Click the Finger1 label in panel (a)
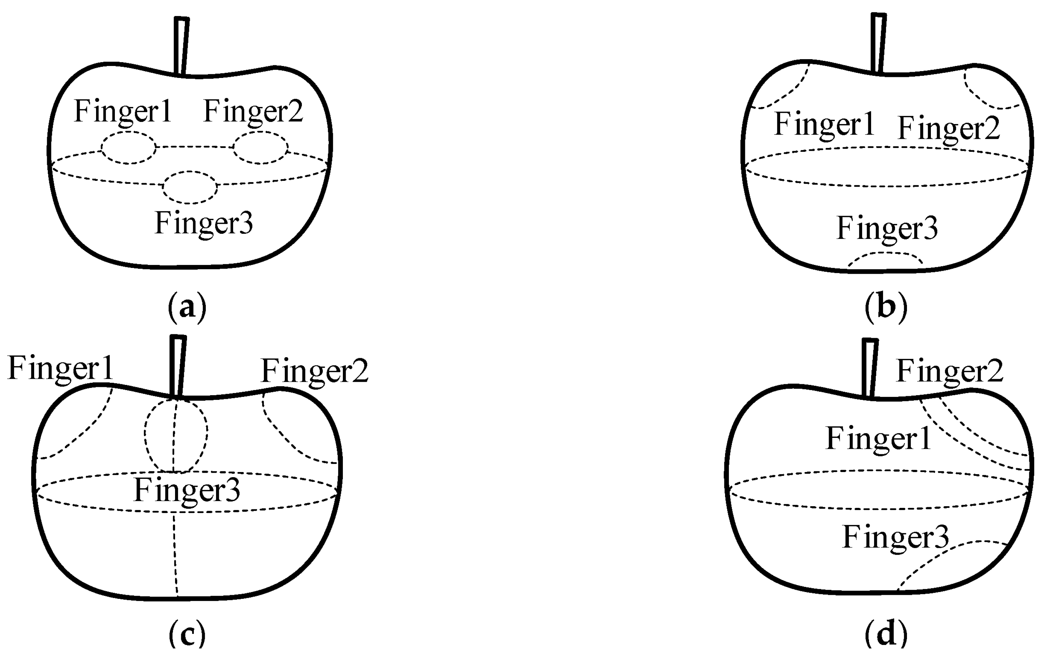[123, 112]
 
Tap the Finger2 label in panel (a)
[253, 112]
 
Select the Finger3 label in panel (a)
[204, 224]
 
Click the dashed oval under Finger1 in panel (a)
[129, 148]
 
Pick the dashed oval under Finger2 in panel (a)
[260, 147]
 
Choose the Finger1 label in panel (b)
[824, 124]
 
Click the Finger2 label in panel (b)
[949, 129]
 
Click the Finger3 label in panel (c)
[187, 491]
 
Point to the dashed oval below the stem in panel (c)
[176, 436]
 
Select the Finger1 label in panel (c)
[61, 368]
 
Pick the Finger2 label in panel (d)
[949, 371]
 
